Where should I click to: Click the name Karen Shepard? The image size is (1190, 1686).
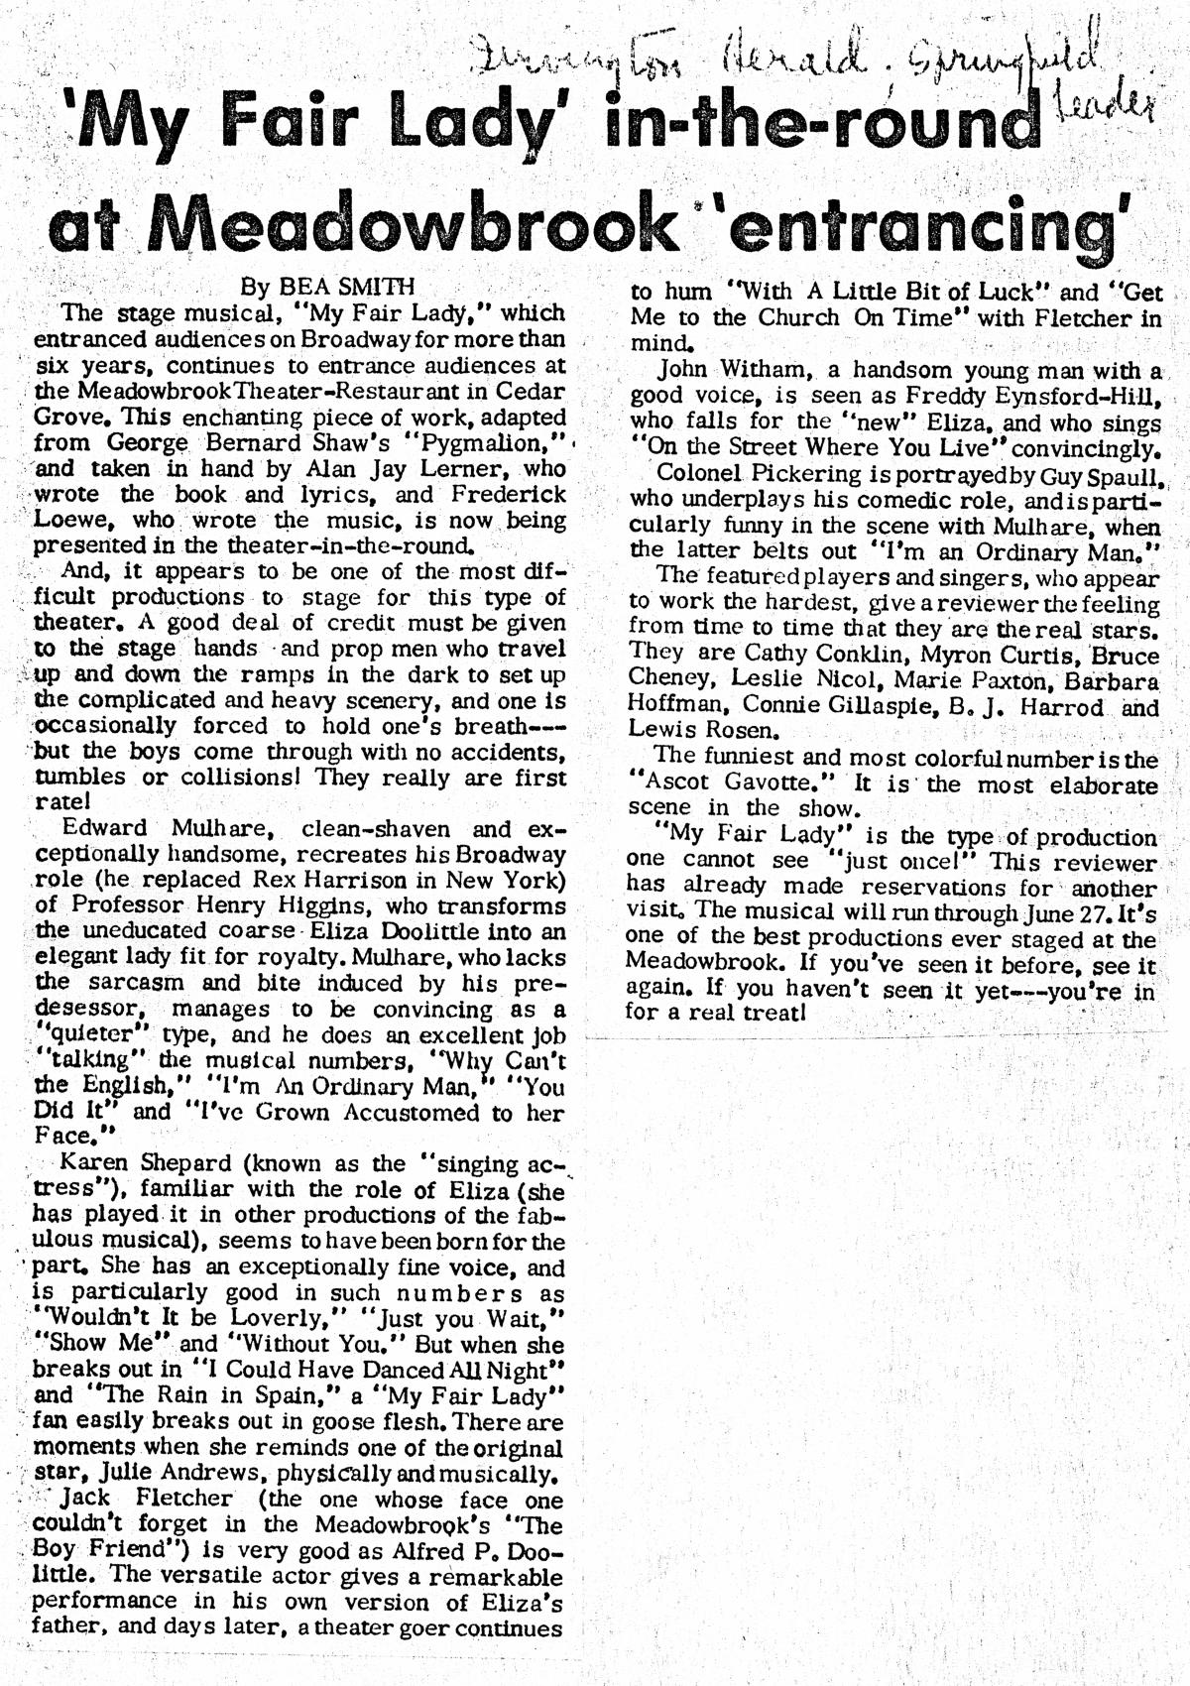[x=133, y=1163]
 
